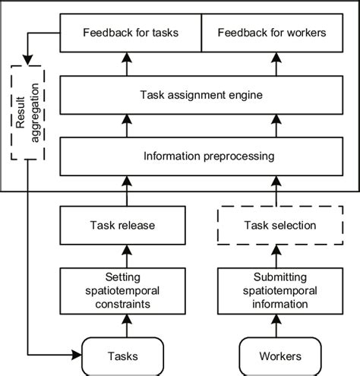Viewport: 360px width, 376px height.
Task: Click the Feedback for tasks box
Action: (x=130, y=33)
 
